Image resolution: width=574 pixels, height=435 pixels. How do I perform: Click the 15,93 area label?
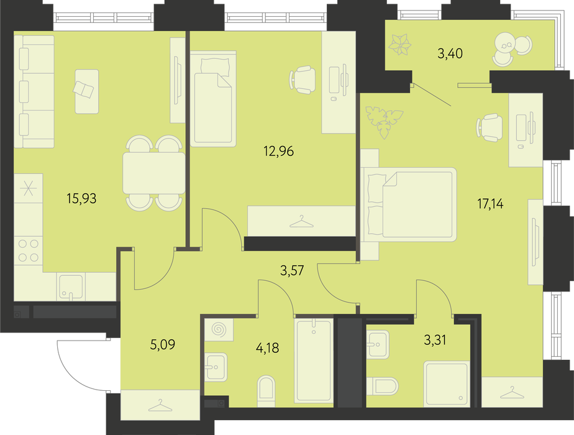pos(81,198)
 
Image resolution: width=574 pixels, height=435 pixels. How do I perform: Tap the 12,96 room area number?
pos(278,151)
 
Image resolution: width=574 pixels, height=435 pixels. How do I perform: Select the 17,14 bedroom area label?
pos(490,204)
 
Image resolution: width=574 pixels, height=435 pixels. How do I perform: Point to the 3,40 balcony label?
pos(450,53)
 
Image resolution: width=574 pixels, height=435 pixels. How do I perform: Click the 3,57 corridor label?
pos(292,270)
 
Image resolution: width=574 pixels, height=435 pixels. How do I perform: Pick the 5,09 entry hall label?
pos(163,344)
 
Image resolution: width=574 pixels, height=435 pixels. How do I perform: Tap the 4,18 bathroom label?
pos(267,348)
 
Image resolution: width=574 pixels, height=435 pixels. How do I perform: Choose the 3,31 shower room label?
pos(435,340)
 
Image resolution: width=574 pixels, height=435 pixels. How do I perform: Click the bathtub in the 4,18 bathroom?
pos(314,360)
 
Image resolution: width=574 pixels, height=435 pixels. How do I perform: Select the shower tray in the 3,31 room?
pos(447,383)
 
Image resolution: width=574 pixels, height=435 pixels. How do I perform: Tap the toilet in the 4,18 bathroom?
pos(266,391)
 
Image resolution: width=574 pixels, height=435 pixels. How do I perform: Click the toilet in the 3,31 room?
pos(382,387)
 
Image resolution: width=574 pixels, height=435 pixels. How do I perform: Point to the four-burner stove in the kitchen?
pos(29,250)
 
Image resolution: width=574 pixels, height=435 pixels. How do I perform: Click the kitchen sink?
pos(71,286)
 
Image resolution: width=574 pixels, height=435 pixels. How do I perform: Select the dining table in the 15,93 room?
pos(154,173)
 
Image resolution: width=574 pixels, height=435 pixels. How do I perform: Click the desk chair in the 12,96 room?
pos(303,80)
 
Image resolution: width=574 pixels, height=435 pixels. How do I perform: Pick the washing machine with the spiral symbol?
pos(219,329)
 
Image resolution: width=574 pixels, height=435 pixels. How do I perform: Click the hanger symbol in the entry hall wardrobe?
pos(160,406)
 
